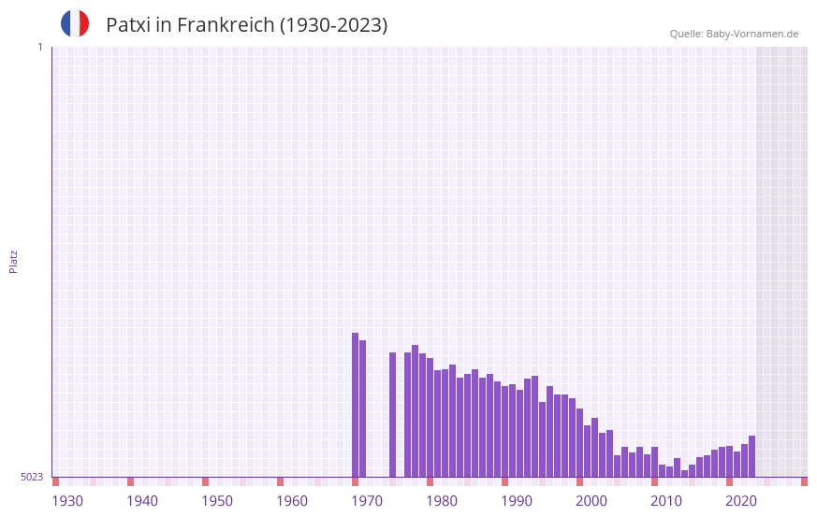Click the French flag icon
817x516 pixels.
75,24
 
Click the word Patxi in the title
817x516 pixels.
127,25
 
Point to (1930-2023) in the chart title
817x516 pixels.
333,25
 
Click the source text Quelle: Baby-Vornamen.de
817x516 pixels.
734,34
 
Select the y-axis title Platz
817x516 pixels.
13,261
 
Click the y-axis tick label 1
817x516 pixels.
39,47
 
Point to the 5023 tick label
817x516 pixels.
32,477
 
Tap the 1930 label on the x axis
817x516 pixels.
67,501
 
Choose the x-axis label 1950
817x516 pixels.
217,501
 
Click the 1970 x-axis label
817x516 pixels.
367,501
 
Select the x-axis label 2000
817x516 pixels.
591,501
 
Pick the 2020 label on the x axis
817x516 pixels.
741,501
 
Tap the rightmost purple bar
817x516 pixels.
751,456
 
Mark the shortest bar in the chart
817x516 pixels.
684,473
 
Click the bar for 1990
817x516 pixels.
512,431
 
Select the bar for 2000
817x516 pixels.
587,451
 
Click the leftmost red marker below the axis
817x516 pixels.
55,481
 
